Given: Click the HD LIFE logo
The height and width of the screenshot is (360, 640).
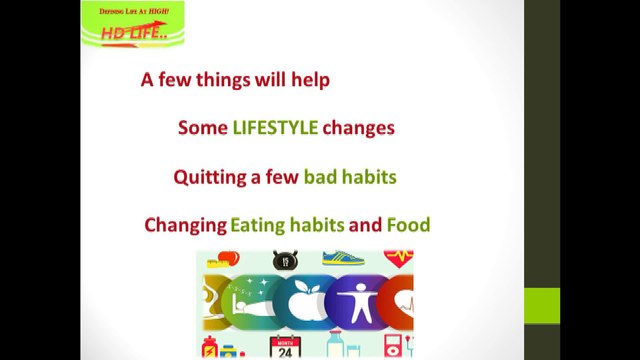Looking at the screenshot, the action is (x=133, y=24).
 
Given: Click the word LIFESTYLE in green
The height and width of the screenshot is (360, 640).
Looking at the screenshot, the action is (x=275, y=128).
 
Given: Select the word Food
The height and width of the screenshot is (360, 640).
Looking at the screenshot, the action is (x=408, y=225).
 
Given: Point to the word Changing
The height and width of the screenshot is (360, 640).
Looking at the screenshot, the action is (x=185, y=226).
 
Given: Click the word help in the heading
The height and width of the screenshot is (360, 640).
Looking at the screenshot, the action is (x=310, y=80).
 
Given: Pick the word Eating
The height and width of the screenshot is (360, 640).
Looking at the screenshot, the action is (x=258, y=226).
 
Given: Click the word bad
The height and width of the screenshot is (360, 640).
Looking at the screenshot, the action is (x=320, y=177).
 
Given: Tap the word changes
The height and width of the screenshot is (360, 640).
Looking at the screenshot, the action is (x=358, y=129).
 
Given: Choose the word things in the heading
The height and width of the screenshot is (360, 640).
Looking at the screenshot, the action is (x=223, y=80).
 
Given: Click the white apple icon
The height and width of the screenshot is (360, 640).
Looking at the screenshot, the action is (x=304, y=301).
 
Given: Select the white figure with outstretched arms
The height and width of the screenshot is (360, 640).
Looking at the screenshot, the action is (x=359, y=303).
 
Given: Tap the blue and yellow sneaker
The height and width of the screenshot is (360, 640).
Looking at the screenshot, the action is (x=343, y=258).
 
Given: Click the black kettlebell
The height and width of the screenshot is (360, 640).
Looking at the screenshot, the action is (x=285, y=260).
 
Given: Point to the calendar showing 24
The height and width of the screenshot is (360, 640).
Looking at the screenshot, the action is (x=285, y=347).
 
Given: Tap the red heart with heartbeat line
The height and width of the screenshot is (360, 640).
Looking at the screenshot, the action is (x=398, y=259).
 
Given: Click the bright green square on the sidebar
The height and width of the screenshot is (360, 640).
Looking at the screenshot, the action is (x=542, y=306).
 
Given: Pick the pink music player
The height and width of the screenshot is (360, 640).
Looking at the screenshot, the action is (x=392, y=346).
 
